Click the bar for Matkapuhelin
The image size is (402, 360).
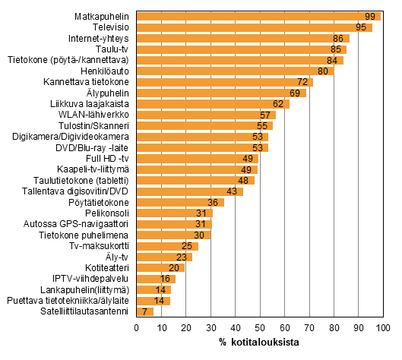pyautogui.click(x=258, y=16)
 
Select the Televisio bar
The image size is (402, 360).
pyautogui.click(x=254, y=27)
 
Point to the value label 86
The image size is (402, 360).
pyautogui.click(x=338, y=38)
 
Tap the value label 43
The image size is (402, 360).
pyautogui.click(x=233, y=191)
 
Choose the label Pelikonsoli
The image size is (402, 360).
pyautogui.click(x=109, y=213)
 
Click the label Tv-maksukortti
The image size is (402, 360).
pyautogui.click(x=101, y=246)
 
